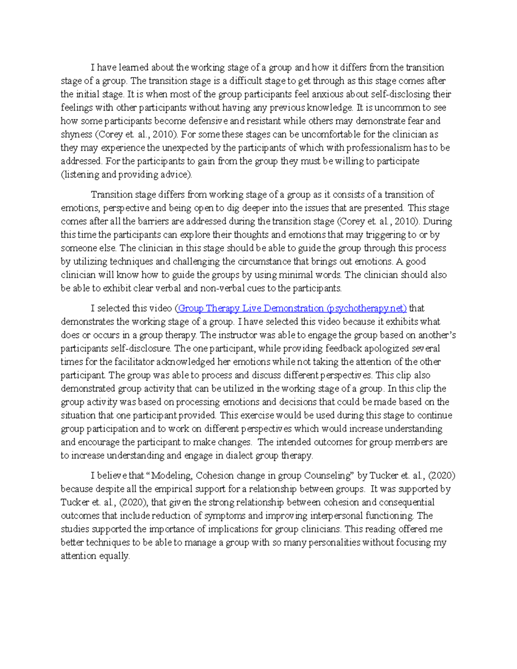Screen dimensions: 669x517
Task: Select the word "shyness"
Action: [x=76, y=134]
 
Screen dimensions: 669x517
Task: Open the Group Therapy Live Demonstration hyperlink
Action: [x=292, y=308]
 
